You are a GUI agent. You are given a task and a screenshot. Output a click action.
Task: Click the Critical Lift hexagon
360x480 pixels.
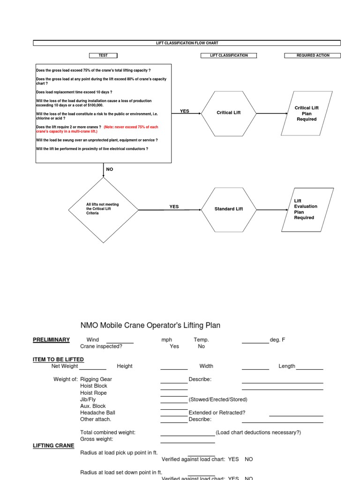point(229,113)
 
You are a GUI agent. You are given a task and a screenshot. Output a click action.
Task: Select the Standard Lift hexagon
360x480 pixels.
point(229,209)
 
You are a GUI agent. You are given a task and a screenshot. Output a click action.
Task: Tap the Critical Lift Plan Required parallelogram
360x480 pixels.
point(307,113)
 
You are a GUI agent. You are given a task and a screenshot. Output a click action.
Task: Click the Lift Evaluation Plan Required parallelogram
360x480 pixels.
point(307,210)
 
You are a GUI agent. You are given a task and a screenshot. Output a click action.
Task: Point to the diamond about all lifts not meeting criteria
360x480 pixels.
point(103,210)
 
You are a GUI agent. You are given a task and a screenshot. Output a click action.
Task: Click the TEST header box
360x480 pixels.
point(103,55)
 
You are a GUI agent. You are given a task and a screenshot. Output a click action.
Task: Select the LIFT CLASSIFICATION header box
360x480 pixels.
point(229,55)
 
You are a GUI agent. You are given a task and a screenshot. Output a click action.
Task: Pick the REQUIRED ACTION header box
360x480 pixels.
point(313,55)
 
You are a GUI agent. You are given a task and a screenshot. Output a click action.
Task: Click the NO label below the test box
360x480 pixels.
point(110,169)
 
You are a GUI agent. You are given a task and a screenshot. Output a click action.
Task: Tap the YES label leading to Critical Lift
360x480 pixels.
point(185,111)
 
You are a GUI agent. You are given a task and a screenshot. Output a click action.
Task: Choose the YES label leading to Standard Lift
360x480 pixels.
point(174,207)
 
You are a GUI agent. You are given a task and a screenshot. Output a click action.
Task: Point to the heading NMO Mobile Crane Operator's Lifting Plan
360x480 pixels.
point(150,325)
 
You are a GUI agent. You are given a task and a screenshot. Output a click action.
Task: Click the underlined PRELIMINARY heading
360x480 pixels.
point(51,340)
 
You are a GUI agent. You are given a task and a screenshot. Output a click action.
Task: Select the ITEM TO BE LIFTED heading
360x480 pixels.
point(58,360)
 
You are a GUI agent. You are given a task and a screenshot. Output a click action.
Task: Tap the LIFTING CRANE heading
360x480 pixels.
point(53,445)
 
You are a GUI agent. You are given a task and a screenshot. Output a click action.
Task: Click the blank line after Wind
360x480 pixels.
point(120,343)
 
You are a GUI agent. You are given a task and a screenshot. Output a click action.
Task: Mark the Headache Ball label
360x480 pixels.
point(97,412)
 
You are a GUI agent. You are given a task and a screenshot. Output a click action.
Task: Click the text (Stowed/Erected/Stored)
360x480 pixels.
point(218,399)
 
